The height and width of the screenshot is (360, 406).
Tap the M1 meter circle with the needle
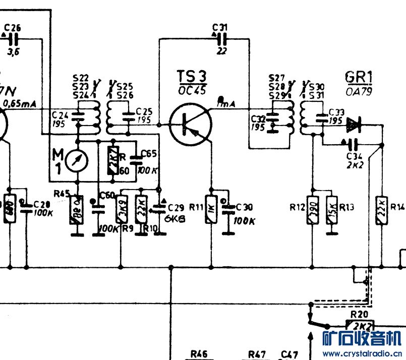tap(77, 160)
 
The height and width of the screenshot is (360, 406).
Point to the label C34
tap(355, 156)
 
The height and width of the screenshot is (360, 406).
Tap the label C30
tap(244, 207)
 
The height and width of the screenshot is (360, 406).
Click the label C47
tap(289, 354)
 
